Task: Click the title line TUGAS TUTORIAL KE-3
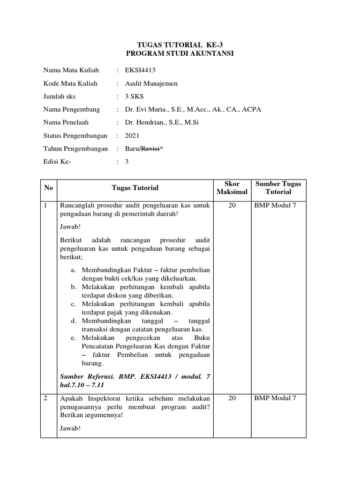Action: (x=180, y=45)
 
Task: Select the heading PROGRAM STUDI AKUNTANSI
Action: (x=180, y=53)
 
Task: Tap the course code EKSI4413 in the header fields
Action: (x=140, y=70)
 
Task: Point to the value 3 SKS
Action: (x=135, y=97)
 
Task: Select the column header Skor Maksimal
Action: (x=232, y=187)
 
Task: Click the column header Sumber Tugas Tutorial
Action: (x=278, y=187)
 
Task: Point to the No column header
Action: (x=49, y=188)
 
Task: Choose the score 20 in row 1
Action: (x=232, y=205)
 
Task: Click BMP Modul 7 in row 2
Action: (x=275, y=398)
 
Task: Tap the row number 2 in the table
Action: (x=45, y=398)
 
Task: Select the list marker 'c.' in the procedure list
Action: (x=74, y=304)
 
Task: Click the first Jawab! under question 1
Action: (x=70, y=227)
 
